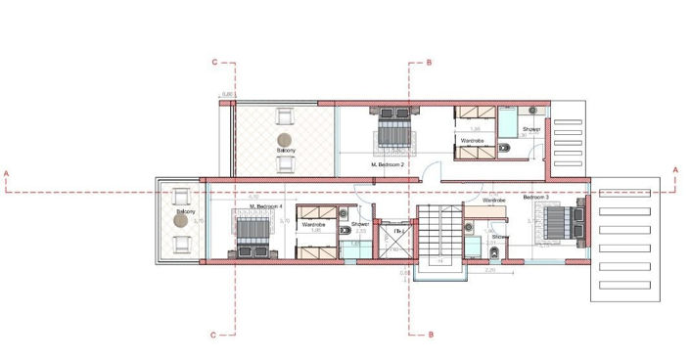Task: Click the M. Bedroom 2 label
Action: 389,165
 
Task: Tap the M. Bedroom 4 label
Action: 265,207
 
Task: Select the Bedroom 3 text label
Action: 536,198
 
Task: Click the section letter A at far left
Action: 7,173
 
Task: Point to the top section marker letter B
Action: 429,62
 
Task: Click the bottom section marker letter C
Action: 213,335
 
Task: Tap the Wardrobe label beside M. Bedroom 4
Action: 313,224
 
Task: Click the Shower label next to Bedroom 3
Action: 500,236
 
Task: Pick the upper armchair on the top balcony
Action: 286,115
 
